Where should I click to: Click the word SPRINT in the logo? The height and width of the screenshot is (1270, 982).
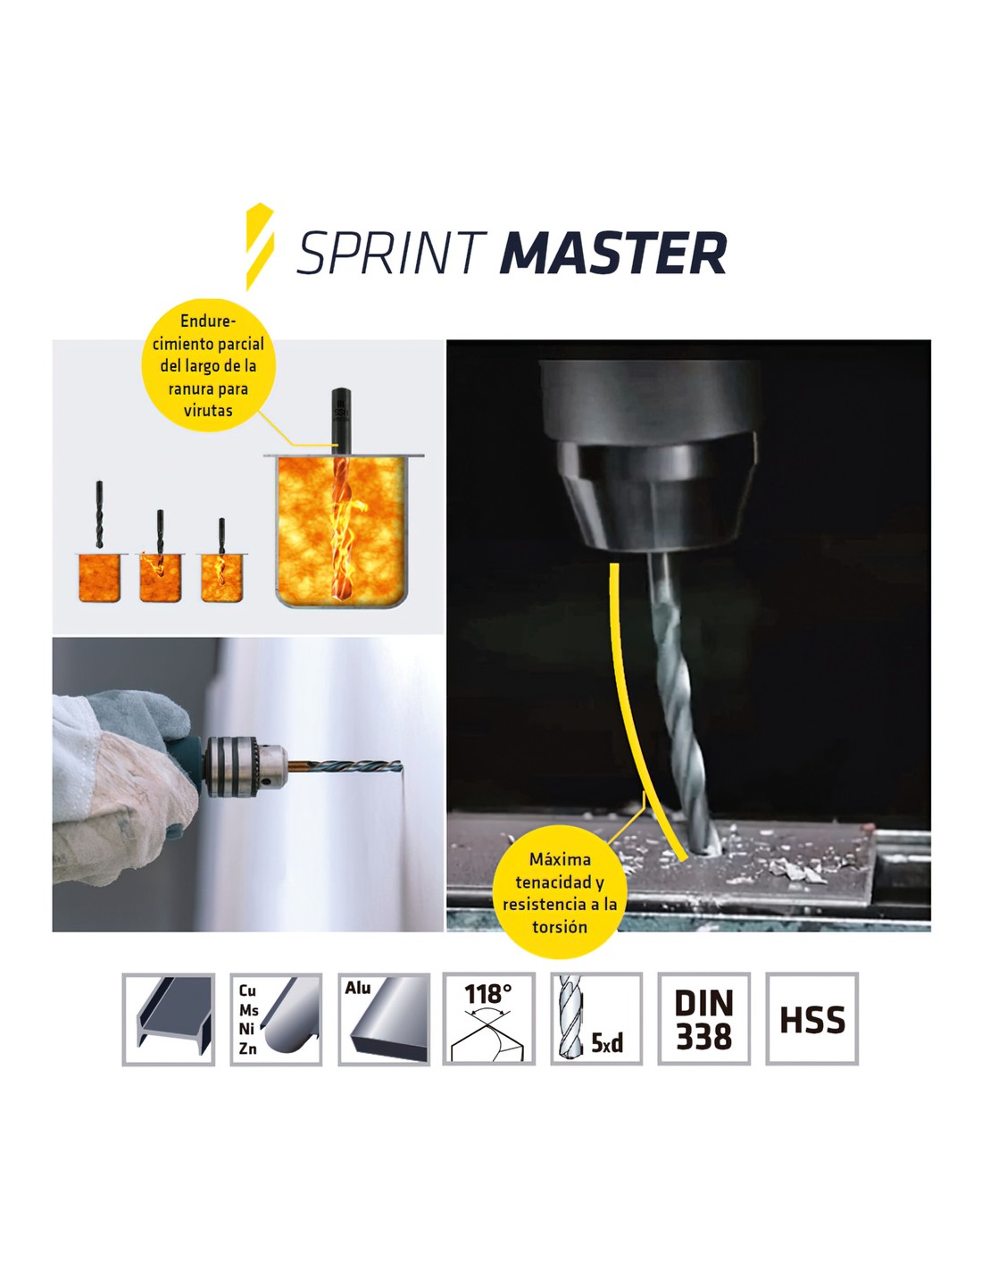(x=390, y=253)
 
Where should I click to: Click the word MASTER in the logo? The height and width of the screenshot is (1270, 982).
(x=612, y=253)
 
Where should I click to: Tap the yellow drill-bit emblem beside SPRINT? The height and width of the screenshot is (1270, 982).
(x=260, y=246)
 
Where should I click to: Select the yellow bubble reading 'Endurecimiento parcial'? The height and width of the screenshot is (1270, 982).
(x=208, y=365)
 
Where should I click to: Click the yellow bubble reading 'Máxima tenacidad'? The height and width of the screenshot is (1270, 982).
(x=559, y=892)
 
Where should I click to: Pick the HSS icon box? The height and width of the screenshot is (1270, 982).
(x=811, y=1019)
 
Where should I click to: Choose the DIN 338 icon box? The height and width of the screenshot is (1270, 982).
(x=703, y=1019)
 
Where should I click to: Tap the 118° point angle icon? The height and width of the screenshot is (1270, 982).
(x=488, y=1019)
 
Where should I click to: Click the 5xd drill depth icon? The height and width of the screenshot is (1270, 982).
(x=595, y=1019)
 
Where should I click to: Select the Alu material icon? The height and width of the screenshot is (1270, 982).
(x=384, y=1019)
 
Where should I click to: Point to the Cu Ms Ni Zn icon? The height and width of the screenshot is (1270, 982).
(x=276, y=1019)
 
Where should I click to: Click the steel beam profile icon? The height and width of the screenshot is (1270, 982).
(x=168, y=1019)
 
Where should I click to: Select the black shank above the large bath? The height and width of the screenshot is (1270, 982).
(x=340, y=421)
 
